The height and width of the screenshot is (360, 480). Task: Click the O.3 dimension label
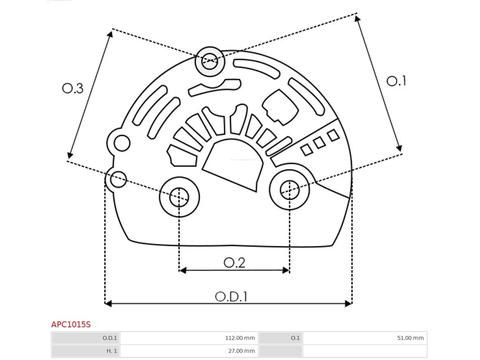coord(73,88)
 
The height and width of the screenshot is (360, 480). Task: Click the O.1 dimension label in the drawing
coord(396,81)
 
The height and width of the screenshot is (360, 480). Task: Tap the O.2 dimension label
coord(234,262)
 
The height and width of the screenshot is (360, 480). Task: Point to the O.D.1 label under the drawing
coord(231,297)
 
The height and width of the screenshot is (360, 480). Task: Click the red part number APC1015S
coord(71,324)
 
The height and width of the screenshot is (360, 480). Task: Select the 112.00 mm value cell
coord(189,338)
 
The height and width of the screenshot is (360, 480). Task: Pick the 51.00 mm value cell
coord(365,338)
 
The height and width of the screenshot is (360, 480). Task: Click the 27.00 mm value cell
coord(189,351)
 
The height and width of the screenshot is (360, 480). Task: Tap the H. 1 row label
coord(85,351)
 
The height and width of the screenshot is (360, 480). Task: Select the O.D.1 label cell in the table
coord(85,338)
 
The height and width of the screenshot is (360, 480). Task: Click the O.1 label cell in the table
coord(280,338)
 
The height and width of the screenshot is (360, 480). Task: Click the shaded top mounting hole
coord(210,61)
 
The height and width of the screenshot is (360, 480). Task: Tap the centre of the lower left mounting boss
coord(179,197)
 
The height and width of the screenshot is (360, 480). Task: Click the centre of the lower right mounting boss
coord(289,190)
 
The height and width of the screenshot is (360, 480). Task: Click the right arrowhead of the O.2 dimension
coord(286,270)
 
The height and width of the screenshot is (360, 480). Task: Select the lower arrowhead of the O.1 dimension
coord(399,148)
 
